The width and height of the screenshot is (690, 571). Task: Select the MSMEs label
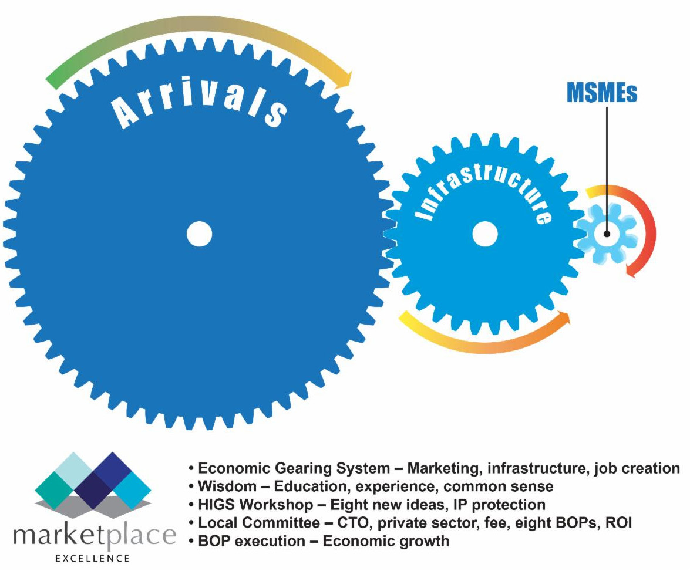(x=601, y=93)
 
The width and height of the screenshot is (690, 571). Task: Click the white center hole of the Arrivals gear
(x=199, y=234)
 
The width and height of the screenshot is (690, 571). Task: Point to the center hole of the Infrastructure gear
(x=484, y=234)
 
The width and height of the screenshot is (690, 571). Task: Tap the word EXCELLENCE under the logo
(x=93, y=558)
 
